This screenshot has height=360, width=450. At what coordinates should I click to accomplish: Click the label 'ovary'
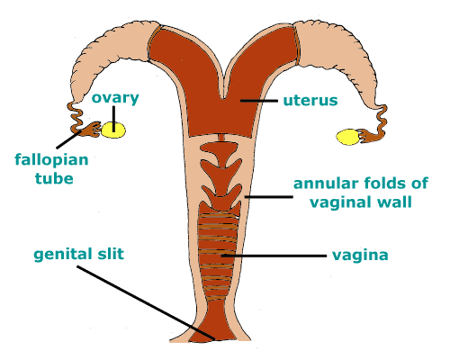coord(115,98)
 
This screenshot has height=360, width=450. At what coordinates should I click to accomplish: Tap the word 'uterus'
coord(310,100)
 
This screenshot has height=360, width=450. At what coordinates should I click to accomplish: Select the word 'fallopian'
coord(51,160)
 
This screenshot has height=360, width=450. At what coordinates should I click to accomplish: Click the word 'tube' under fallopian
coord(54,178)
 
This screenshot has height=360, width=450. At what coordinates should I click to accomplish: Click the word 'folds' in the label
coord(384,183)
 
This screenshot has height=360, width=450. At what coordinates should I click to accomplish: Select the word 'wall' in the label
coord(394,202)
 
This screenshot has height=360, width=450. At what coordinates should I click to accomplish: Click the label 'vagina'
coord(360,256)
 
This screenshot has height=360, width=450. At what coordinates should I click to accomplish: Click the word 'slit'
coord(111,253)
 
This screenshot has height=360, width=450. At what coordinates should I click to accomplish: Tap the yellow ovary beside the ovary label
coord(113,130)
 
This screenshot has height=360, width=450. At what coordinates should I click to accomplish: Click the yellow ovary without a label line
coord(347,137)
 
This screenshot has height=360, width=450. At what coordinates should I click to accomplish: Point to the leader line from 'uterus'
coord(259,101)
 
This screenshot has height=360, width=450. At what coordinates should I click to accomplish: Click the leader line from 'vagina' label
coord(274,256)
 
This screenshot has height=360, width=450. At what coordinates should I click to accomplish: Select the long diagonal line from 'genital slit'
coord(146,302)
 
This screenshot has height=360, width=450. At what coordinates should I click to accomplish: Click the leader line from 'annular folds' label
coord(269,197)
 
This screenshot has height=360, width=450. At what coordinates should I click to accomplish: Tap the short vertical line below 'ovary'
coord(113,119)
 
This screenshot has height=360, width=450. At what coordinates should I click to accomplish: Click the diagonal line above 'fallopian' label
coord(69,139)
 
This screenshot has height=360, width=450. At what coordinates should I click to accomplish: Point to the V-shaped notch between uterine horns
coord(222,90)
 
